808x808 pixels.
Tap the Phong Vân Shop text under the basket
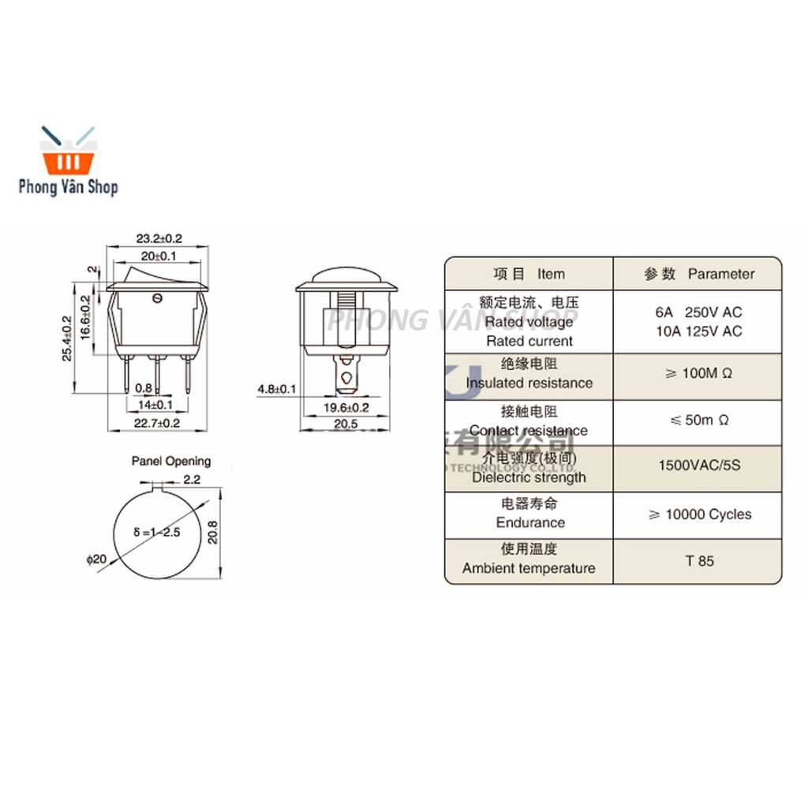pos(69,187)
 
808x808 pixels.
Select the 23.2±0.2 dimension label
pos(159,238)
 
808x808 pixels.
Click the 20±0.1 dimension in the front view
pos(158,255)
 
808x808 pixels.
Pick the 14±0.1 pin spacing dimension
pos(155,405)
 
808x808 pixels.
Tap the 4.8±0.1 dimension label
pos(276,388)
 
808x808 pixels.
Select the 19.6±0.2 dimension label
pos(347,407)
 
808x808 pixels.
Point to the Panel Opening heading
pos(171,461)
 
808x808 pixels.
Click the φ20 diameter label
pos(96,559)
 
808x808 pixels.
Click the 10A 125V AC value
pos(698,331)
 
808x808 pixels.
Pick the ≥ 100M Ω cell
pos(698,373)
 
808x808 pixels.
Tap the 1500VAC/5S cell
pos(699,465)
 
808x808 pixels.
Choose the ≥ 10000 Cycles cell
pos(699,514)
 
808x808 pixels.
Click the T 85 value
pos(699,561)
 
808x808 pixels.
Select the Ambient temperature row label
pos(529,568)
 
